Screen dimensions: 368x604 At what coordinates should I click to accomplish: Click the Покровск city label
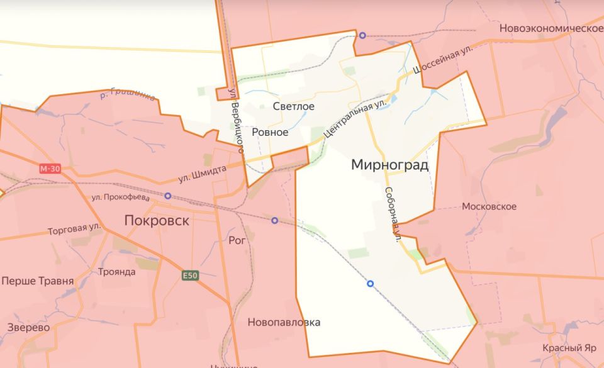[x=157, y=221]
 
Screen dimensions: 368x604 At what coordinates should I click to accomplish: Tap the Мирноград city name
[x=390, y=165]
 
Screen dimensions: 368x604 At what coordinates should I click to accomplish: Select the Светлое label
[x=294, y=106]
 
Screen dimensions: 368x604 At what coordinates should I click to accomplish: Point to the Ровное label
[x=270, y=132]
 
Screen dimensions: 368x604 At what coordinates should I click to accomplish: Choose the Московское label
[x=489, y=206]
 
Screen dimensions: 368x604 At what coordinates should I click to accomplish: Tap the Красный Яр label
[x=569, y=348]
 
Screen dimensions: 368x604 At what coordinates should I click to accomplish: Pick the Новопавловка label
[x=284, y=323]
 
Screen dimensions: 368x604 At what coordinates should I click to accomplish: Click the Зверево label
[x=29, y=327]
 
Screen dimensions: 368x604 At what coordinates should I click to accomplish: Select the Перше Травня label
[x=38, y=281]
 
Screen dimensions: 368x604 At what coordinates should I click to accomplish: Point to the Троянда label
[x=117, y=272]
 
